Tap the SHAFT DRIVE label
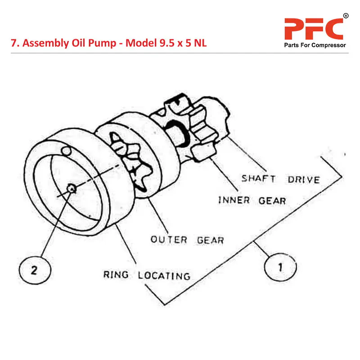pos(280,179)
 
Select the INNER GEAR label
pos(252,200)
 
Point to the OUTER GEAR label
pos(187,239)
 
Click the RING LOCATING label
pos(147,275)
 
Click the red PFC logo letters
pos(313,29)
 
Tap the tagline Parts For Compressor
pos(315,45)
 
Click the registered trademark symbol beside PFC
pos(346,17)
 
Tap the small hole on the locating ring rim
pos(66,150)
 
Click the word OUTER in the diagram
pos(168,239)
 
